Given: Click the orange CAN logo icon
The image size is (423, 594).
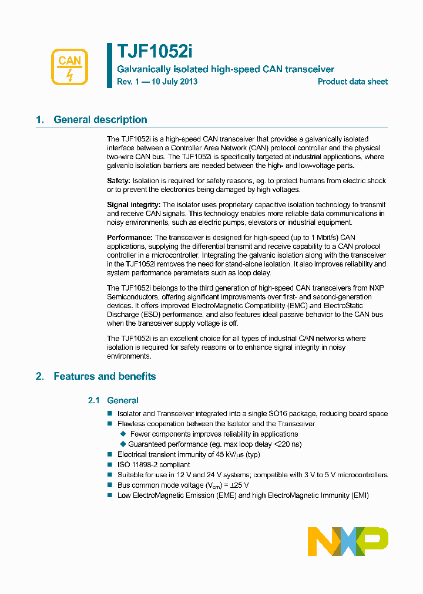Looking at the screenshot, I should [70, 67].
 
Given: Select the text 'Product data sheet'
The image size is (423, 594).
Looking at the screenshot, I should [352, 82].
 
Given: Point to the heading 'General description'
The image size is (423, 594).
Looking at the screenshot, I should [100, 120].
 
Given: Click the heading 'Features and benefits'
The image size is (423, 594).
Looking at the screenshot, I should [105, 377].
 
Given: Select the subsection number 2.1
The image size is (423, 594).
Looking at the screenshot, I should [94, 401].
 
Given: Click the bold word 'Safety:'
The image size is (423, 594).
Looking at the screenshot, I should [119, 181].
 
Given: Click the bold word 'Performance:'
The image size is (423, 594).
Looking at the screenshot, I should [129, 237].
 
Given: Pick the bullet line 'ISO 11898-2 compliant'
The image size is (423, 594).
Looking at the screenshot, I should [153, 465].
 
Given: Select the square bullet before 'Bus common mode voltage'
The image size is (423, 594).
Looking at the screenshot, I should [109, 485].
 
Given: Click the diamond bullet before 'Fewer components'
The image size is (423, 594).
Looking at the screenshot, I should [123, 434].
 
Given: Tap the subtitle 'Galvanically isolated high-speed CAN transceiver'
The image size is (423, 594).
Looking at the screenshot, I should [226, 69].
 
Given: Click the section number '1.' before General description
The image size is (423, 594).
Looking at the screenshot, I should [40, 120].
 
